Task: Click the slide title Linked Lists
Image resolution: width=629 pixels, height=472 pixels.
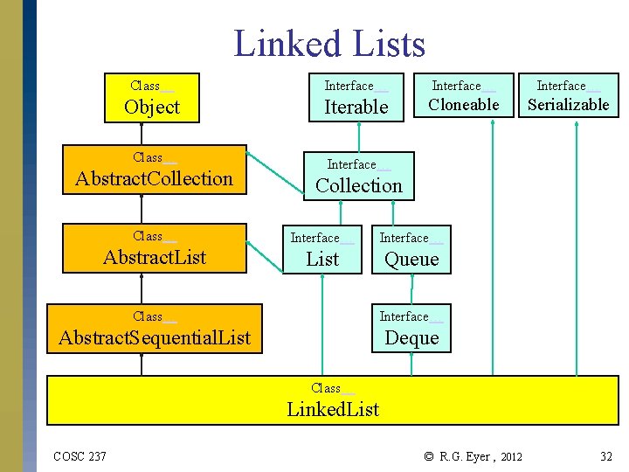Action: coord(329,43)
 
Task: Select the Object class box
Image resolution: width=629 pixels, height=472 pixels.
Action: coord(152,97)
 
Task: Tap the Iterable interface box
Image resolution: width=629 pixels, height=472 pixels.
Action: coord(356,97)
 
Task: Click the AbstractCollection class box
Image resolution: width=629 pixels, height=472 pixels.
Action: coord(154,169)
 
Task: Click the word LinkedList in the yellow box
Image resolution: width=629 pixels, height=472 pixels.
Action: coord(333,409)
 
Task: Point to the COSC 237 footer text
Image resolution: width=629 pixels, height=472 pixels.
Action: coord(79,456)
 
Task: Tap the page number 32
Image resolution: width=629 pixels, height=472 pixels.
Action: coord(605,456)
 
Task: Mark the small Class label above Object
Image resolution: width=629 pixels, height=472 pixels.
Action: coord(145,86)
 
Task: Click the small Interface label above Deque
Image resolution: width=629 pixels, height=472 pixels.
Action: coord(404,316)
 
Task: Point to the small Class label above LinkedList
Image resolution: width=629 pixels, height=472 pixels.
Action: coord(326,388)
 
